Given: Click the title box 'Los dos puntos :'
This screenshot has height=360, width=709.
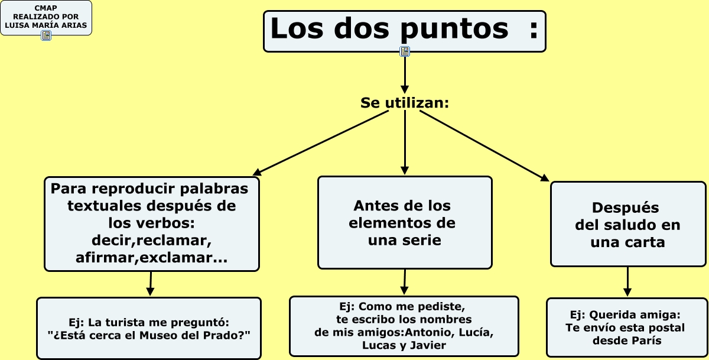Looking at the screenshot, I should coord(404,31).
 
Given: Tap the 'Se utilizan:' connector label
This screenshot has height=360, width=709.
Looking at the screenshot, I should coord(405,103).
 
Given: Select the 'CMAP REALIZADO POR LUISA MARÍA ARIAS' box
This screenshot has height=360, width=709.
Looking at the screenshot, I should coord(46,17).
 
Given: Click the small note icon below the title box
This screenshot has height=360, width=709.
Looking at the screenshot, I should coord(405,51).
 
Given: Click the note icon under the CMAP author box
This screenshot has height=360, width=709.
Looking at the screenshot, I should coord(46,35).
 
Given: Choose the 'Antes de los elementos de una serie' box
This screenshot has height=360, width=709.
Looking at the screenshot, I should coord(405,223).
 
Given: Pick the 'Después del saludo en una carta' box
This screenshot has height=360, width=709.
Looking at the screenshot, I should coord(627,225).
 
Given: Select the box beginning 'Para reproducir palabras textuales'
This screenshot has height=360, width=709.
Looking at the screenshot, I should coord(152,223).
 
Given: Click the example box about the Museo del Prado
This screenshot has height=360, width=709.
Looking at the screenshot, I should coord(149,328).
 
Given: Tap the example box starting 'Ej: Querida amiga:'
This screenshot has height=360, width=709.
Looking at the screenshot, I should coord(627,327).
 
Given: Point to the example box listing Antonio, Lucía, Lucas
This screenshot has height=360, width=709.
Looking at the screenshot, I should coord(404,326).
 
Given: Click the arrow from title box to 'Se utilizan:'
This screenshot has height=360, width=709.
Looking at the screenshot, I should coord(405,74).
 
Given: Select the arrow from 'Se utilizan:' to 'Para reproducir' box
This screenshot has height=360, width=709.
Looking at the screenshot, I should coord(322,142).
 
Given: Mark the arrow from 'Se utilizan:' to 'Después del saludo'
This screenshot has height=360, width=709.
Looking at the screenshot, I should coord(484,145).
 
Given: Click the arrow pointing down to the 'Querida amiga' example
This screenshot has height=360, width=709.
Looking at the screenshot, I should coord(627,282).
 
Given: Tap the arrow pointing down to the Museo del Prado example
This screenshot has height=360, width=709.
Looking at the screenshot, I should coord(151,284).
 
